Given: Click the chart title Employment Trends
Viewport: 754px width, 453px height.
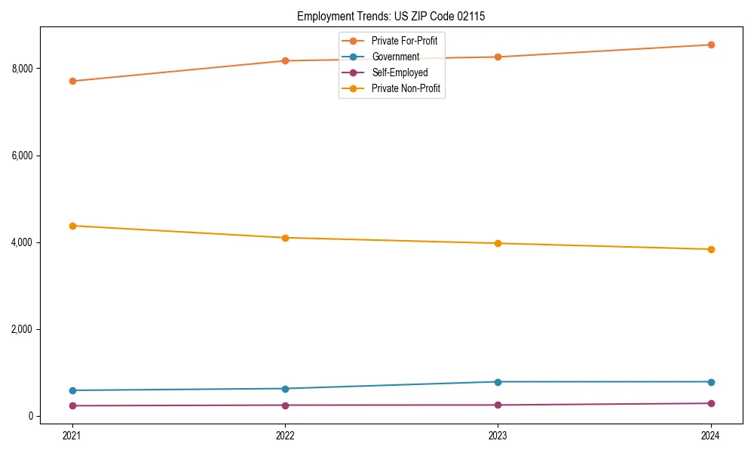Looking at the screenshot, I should click(397, 16).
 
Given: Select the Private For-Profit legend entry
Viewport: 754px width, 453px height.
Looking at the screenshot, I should click(404, 41).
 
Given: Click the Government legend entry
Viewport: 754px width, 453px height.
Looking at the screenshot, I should click(395, 57).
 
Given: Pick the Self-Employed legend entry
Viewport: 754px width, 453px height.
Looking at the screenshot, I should click(399, 72).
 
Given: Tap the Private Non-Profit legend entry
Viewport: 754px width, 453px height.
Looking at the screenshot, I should click(406, 88).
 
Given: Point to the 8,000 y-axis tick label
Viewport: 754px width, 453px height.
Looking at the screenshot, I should click(22, 69).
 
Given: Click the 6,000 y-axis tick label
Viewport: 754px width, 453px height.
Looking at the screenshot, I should click(22, 156).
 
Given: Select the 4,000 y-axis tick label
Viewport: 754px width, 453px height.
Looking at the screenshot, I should click(22, 242).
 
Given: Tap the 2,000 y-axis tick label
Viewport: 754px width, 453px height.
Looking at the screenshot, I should click(22, 329).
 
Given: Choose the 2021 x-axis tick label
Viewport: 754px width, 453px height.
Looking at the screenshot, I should click(72, 435).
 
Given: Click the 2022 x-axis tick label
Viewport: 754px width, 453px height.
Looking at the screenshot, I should click(285, 435).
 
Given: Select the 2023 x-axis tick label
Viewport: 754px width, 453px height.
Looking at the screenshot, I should click(498, 435).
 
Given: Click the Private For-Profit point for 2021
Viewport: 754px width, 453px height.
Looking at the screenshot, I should click(72, 81).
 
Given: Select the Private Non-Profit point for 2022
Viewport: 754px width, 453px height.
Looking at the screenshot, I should click(285, 238).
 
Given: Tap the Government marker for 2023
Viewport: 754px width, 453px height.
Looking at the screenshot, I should click(498, 382).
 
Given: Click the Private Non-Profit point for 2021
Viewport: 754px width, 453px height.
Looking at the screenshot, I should click(72, 226).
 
